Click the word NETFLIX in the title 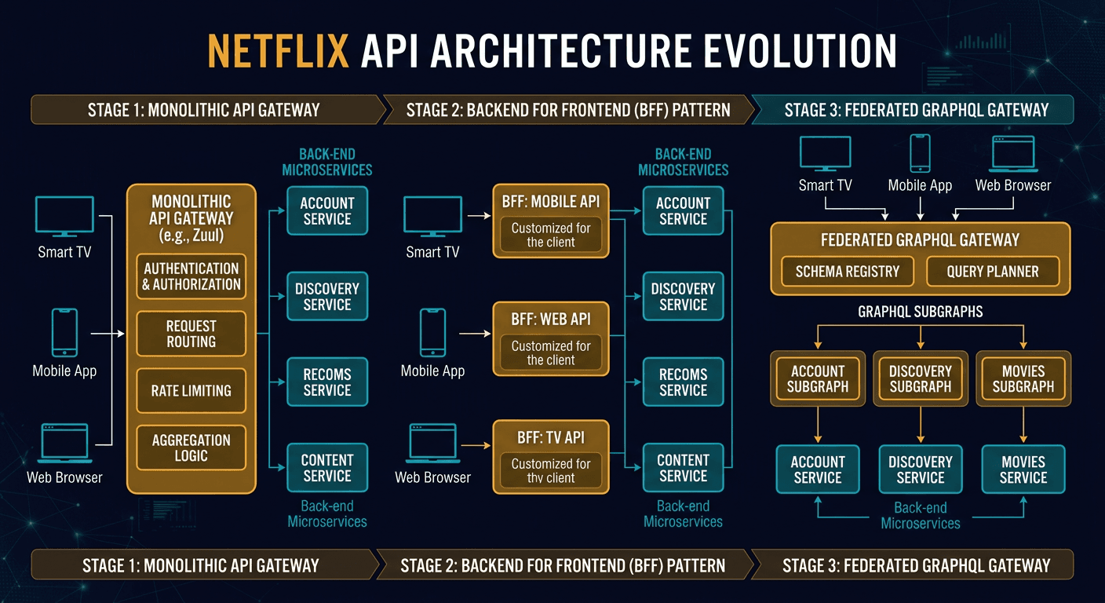278,51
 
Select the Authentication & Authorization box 191,276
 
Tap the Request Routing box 191,334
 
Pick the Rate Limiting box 191,390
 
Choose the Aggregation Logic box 191,448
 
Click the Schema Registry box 847,272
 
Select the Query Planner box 993,272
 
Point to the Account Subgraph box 817,378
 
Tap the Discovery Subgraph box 920,378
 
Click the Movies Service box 1023,470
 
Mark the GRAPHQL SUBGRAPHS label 920,312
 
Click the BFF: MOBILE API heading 550,201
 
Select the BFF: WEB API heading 550,319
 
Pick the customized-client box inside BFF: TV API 550,470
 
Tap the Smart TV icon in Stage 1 64,216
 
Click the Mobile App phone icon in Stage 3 920,153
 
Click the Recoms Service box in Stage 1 327,382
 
